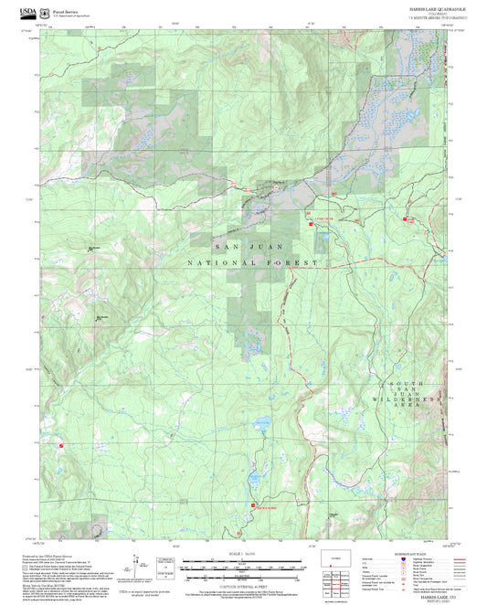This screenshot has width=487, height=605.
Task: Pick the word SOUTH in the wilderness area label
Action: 407,382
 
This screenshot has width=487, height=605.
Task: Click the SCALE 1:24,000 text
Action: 243,555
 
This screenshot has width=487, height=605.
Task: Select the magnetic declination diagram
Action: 166,561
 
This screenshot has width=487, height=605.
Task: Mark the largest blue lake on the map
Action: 259,426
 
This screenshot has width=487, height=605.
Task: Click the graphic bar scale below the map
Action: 243,565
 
